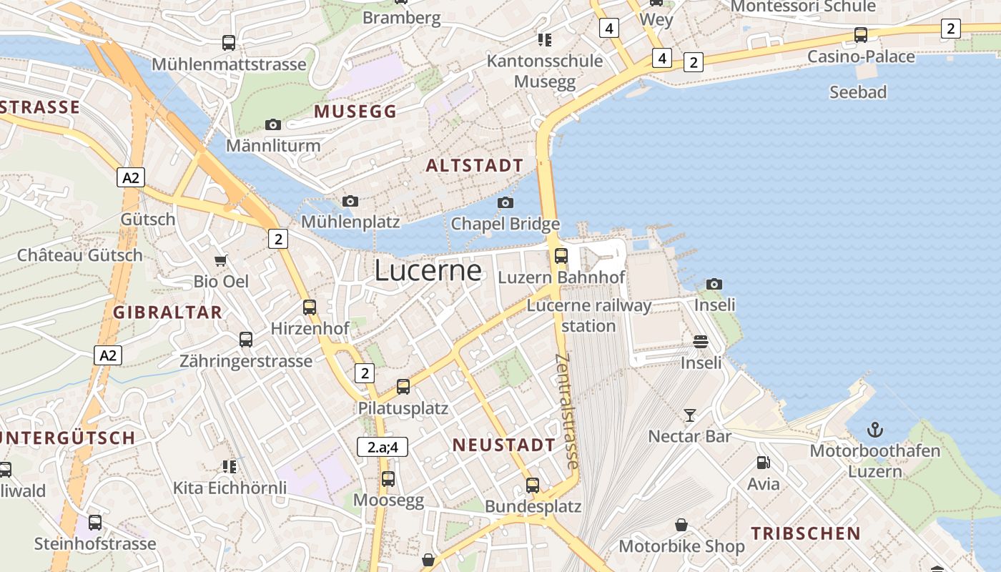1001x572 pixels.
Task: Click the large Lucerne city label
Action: pos(428,270)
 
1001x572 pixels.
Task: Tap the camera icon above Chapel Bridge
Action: pos(506,202)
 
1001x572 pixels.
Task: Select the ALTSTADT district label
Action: pos(475,166)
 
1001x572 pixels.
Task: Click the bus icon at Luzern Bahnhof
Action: pos(561,255)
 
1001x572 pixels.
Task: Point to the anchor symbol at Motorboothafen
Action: pos(875,430)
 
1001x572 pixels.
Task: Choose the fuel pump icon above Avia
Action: pos(764,463)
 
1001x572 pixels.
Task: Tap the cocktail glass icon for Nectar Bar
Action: pos(690,415)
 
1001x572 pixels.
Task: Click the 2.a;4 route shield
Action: pos(383,448)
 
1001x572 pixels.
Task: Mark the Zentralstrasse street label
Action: pos(566,412)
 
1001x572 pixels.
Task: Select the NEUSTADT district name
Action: pos(504,445)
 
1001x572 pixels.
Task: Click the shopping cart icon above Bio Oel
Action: pos(221,260)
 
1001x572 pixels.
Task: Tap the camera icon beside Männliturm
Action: pos(272,124)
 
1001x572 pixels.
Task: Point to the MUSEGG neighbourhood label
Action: pos(355,112)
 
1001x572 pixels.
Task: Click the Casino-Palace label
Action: pos(861,56)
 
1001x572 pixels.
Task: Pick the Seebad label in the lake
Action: pos(858,92)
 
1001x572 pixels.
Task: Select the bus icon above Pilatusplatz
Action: pos(403,387)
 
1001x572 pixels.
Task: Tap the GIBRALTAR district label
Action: pos(168,312)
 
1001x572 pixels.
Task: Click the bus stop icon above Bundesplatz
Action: pos(533,485)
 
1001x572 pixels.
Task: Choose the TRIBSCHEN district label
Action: pos(806,533)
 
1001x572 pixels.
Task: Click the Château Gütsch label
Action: pos(80,255)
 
